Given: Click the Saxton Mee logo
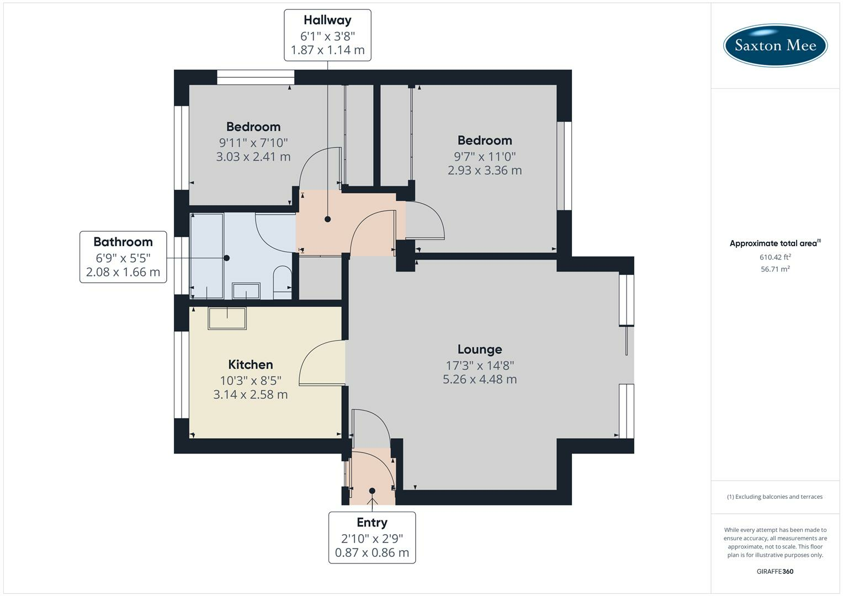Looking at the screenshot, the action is click(775, 45).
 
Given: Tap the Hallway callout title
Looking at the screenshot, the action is click(327, 20).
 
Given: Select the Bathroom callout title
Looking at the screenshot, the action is click(123, 242).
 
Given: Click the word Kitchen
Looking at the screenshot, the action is click(251, 364).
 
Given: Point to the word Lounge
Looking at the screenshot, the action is click(480, 349).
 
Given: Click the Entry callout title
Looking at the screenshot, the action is click(372, 522).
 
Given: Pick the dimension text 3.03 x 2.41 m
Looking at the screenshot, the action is click(253, 157).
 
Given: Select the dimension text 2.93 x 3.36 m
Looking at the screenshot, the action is click(485, 171).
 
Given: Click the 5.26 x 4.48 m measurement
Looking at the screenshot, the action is click(480, 379).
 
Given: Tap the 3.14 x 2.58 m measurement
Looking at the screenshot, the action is click(251, 395).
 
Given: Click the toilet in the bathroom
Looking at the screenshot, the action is click(282, 283).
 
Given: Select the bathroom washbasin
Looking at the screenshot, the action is click(246, 291).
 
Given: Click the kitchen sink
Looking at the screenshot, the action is click(227, 318).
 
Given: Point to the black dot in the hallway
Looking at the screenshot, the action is click(328, 220).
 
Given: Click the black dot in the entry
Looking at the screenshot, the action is click(372, 491).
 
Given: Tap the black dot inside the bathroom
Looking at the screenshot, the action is click(226, 258).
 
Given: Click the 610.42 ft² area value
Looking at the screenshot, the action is click(775, 257).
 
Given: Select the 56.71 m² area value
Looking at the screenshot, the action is click(775, 269).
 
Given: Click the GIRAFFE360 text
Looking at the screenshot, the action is click(775, 571).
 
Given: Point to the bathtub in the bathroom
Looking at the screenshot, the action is click(207, 256).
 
